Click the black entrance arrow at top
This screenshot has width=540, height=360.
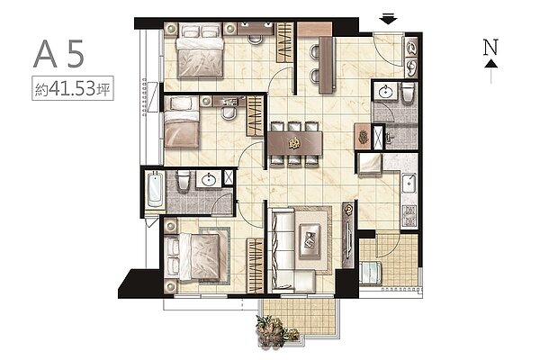(x=388, y=19)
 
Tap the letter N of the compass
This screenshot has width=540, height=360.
(x=490, y=47)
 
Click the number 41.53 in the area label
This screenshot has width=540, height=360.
(x=72, y=88)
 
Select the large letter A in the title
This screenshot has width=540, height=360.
(x=45, y=54)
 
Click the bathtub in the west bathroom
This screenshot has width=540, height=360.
(x=155, y=190)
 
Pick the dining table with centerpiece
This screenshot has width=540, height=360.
(x=295, y=143)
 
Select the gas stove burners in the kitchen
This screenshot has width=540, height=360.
(x=409, y=216)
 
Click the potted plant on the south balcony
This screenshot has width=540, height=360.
(x=274, y=331)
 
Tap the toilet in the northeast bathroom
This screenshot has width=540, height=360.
(x=408, y=93)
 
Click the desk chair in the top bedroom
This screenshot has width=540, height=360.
(x=256, y=39)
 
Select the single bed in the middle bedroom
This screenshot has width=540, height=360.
(x=182, y=122)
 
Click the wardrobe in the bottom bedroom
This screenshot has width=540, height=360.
(x=256, y=265)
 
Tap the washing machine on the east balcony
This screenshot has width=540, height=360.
(x=370, y=273)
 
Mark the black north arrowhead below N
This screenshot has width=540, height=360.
(x=491, y=63)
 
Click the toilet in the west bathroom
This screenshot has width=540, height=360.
(x=184, y=179)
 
